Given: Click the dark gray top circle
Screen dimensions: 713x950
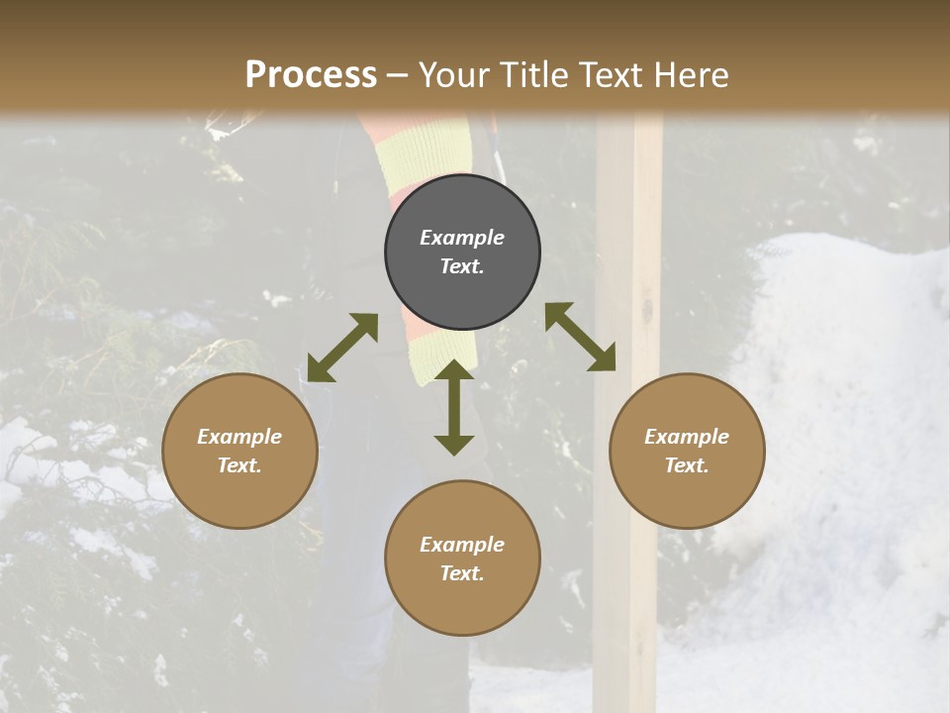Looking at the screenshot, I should pyautogui.click(x=462, y=253).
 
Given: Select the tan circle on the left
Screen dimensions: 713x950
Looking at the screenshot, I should pyautogui.click(x=239, y=452).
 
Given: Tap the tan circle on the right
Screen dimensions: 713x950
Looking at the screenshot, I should pyautogui.click(x=686, y=452).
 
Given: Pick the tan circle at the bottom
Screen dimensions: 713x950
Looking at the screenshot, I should pyautogui.click(x=462, y=559).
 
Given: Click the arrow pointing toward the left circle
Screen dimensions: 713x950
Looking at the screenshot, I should pyautogui.click(x=342, y=348).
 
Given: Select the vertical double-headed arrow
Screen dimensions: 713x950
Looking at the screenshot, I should pyautogui.click(x=454, y=407).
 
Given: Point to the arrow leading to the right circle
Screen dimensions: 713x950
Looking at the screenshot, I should pyautogui.click(x=580, y=337).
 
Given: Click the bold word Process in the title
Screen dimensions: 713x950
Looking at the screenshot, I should pyautogui.click(x=311, y=74).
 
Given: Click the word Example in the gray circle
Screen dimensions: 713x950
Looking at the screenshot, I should pyautogui.click(x=462, y=238).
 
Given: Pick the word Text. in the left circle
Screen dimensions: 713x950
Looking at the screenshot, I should pyautogui.click(x=239, y=465).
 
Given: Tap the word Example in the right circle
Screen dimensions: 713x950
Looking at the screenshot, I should pyautogui.click(x=686, y=437).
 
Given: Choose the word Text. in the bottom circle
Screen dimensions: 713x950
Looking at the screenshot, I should pyautogui.click(x=462, y=573).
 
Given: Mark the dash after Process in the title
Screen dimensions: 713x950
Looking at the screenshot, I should pyautogui.click(x=398, y=75).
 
